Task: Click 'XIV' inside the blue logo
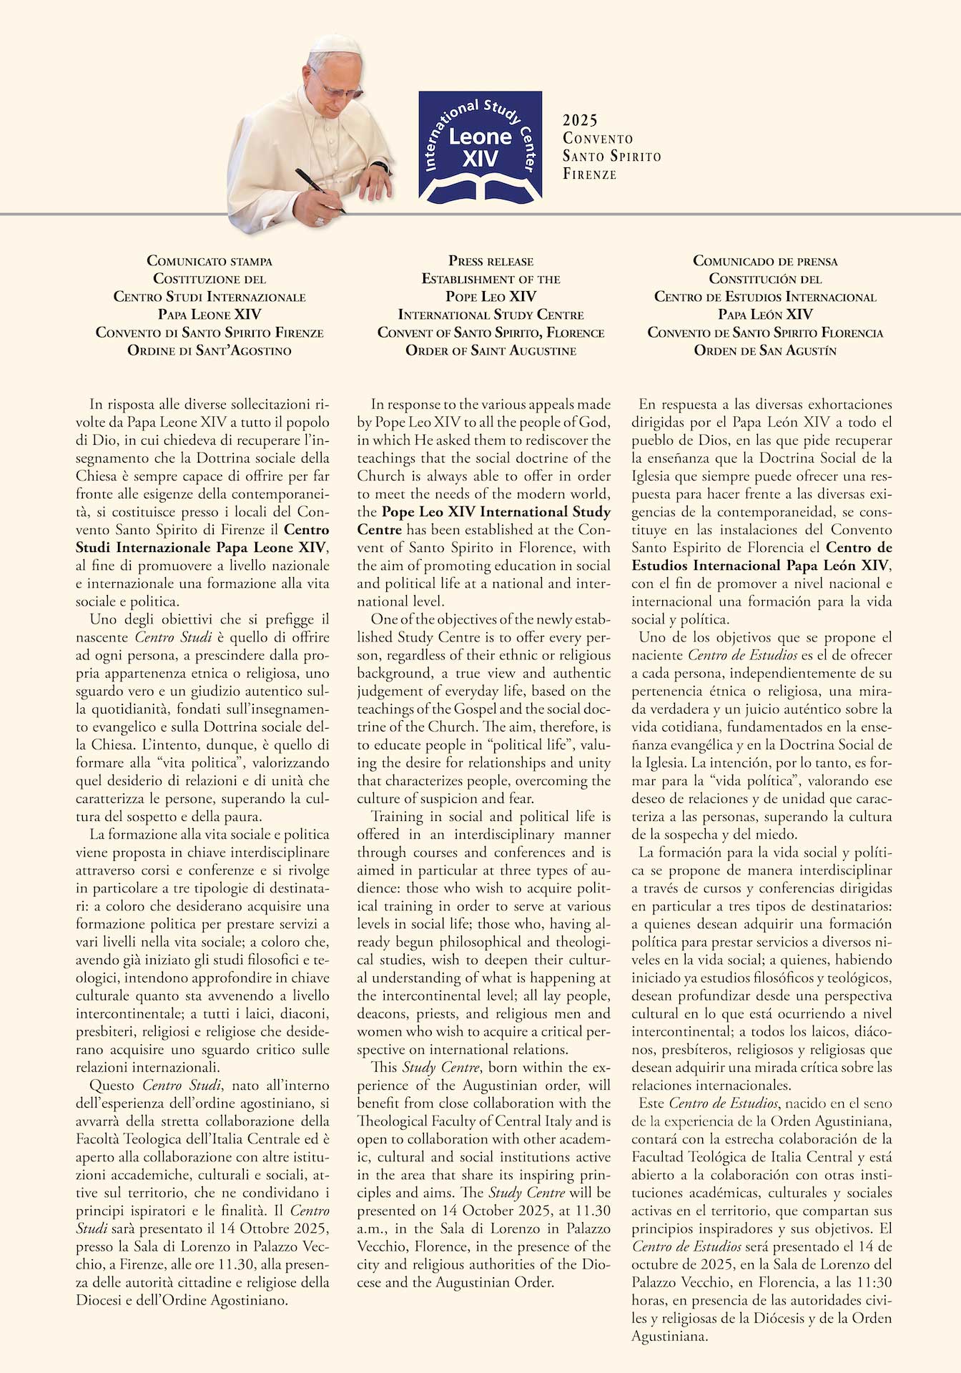point(480,158)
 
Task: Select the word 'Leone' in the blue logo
point(480,137)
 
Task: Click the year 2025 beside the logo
point(580,120)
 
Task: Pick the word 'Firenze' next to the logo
point(589,174)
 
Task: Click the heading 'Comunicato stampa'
point(210,261)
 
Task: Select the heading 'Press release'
point(491,261)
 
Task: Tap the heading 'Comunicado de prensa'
point(765,261)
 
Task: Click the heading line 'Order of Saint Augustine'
point(491,350)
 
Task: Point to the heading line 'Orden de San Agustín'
point(765,350)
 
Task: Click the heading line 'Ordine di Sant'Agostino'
point(210,350)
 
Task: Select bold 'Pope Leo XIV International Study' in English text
point(496,512)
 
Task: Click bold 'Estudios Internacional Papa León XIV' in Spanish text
point(761,566)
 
